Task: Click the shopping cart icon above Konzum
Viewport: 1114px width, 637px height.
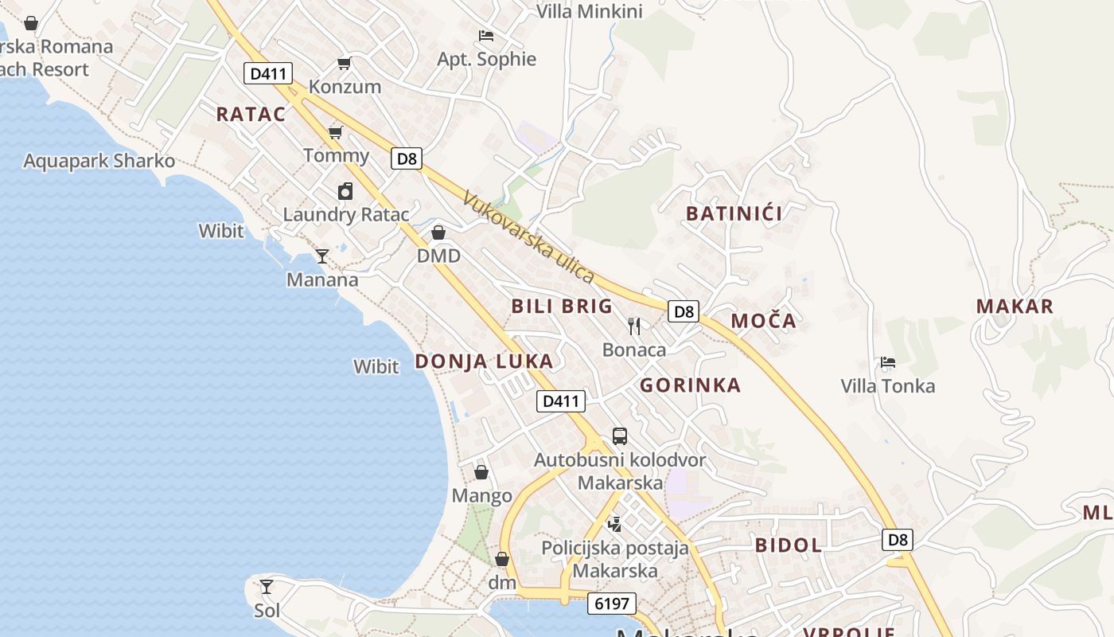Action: point(344,63)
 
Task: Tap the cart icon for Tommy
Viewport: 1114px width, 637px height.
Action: point(336,131)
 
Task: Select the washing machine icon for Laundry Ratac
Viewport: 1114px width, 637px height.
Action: point(345,191)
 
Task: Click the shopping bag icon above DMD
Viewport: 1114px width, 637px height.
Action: point(438,233)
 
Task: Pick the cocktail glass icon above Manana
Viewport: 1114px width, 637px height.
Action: point(322,256)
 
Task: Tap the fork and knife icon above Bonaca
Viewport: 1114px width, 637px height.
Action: point(634,326)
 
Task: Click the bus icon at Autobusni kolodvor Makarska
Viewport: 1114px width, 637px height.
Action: point(620,436)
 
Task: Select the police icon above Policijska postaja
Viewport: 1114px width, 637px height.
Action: point(614,524)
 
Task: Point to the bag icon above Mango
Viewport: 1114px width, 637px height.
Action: point(481,472)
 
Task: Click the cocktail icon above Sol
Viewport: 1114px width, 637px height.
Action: point(267,587)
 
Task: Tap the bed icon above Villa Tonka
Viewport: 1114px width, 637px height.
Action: point(888,362)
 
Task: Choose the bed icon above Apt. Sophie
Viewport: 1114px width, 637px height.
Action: point(486,35)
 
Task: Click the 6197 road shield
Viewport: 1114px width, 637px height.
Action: point(613,604)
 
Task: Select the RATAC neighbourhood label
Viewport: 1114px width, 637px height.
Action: point(251,114)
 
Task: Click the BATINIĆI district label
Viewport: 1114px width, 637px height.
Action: point(734,213)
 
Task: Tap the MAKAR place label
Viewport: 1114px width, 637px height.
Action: point(1015,306)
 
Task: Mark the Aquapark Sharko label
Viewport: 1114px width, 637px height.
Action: point(99,161)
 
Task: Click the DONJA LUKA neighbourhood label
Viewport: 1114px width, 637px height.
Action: point(484,361)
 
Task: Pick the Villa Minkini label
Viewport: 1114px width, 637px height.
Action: point(589,11)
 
